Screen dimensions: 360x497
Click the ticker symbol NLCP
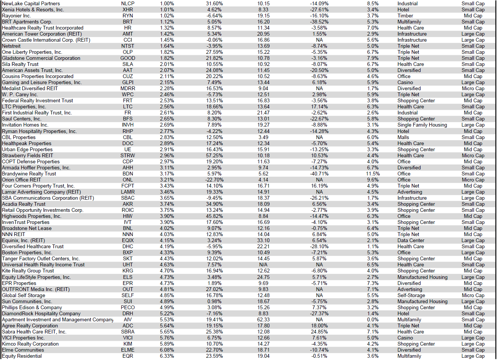(x=128, y=3)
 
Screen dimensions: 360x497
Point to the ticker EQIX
(x=128, y=240)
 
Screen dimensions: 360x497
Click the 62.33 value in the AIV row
(x=263, y=319)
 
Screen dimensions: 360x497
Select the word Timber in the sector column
(x=405, y=16)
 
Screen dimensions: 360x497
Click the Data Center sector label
(x=410, y=240)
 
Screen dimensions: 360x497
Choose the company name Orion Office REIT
(x=21, y=180)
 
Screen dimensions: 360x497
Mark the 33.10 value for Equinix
(x=263, y=240)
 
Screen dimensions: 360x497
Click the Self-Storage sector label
(x=411, y=295)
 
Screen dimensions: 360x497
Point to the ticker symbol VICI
(x=128, y=338)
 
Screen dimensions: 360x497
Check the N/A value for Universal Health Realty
(x=263, y=265)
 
